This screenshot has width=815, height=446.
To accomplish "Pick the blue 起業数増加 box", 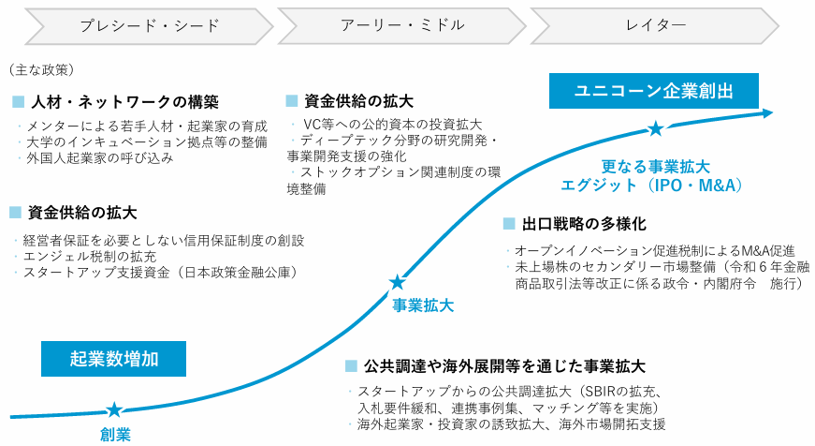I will point(114,358).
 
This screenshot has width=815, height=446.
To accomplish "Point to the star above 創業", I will point(114,409).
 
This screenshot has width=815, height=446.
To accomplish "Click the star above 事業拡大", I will point(398,281).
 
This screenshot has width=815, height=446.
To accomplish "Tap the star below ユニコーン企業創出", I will point(656,128).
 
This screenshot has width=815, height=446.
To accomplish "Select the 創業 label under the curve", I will point(115,434).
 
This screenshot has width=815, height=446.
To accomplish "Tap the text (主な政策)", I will point(40,69).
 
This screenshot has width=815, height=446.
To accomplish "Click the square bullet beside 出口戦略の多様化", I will point(509,224).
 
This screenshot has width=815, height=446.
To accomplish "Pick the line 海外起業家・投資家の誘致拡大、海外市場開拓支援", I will point(511,424).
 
